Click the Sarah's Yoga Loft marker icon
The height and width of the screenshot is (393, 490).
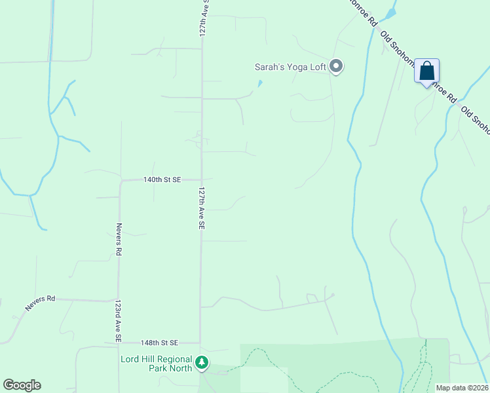[337, 66]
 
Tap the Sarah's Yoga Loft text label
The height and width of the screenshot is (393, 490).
[290, 67]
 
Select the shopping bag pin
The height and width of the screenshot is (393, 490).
[426, 71]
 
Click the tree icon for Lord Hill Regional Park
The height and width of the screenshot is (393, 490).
[202, 362]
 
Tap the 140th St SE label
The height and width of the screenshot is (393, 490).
[162, 179]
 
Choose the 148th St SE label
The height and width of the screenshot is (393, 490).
[160, 343]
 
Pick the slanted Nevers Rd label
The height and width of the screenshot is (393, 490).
[41, 303]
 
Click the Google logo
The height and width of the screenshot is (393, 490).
[22, 385]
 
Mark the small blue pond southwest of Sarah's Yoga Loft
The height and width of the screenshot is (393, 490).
[260, 84]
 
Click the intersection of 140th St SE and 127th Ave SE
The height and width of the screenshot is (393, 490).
[202, 179]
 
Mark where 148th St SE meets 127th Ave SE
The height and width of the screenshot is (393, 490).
[200, 343]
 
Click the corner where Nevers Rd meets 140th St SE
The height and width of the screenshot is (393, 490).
[120, 180]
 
